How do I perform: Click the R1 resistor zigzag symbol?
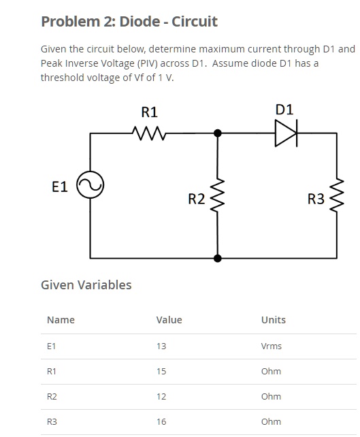coord(148,133)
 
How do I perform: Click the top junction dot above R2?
coord(218,133)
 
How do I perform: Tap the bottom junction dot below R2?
coord(218,258)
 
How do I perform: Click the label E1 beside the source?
coord(60,186)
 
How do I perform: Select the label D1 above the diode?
coord(285,109)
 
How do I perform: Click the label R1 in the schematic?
coord(148,111)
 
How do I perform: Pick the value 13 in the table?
coord(161,346)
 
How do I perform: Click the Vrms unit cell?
coord(271,346)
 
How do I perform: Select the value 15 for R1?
coord(161,371)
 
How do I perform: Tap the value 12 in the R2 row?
coord(161,396)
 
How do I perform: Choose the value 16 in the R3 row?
coord(161,421)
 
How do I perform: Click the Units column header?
coord(274,320)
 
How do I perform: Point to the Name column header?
coord(61,320)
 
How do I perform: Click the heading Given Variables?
coord(86,285)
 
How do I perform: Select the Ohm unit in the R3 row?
coord(271,421)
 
